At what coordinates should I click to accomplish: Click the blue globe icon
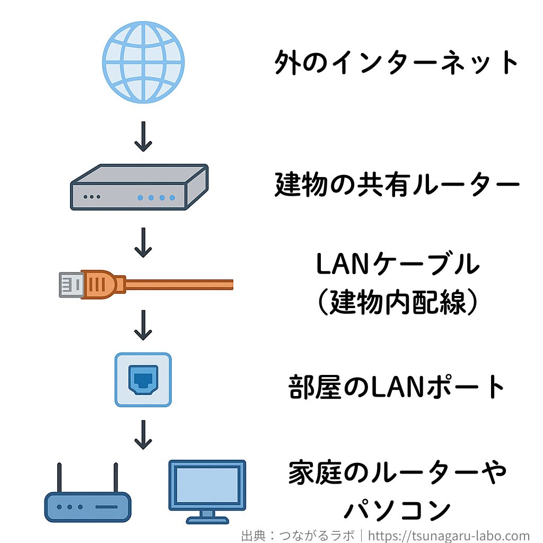click(x=143, y=62)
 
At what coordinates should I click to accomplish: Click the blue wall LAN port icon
click(x=143, y=380)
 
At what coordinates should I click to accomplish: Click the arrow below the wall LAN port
click(x=143, y=435)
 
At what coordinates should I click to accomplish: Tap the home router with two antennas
click(x=87, y=501)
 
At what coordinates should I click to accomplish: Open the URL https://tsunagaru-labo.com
click(x=449, y=536)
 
